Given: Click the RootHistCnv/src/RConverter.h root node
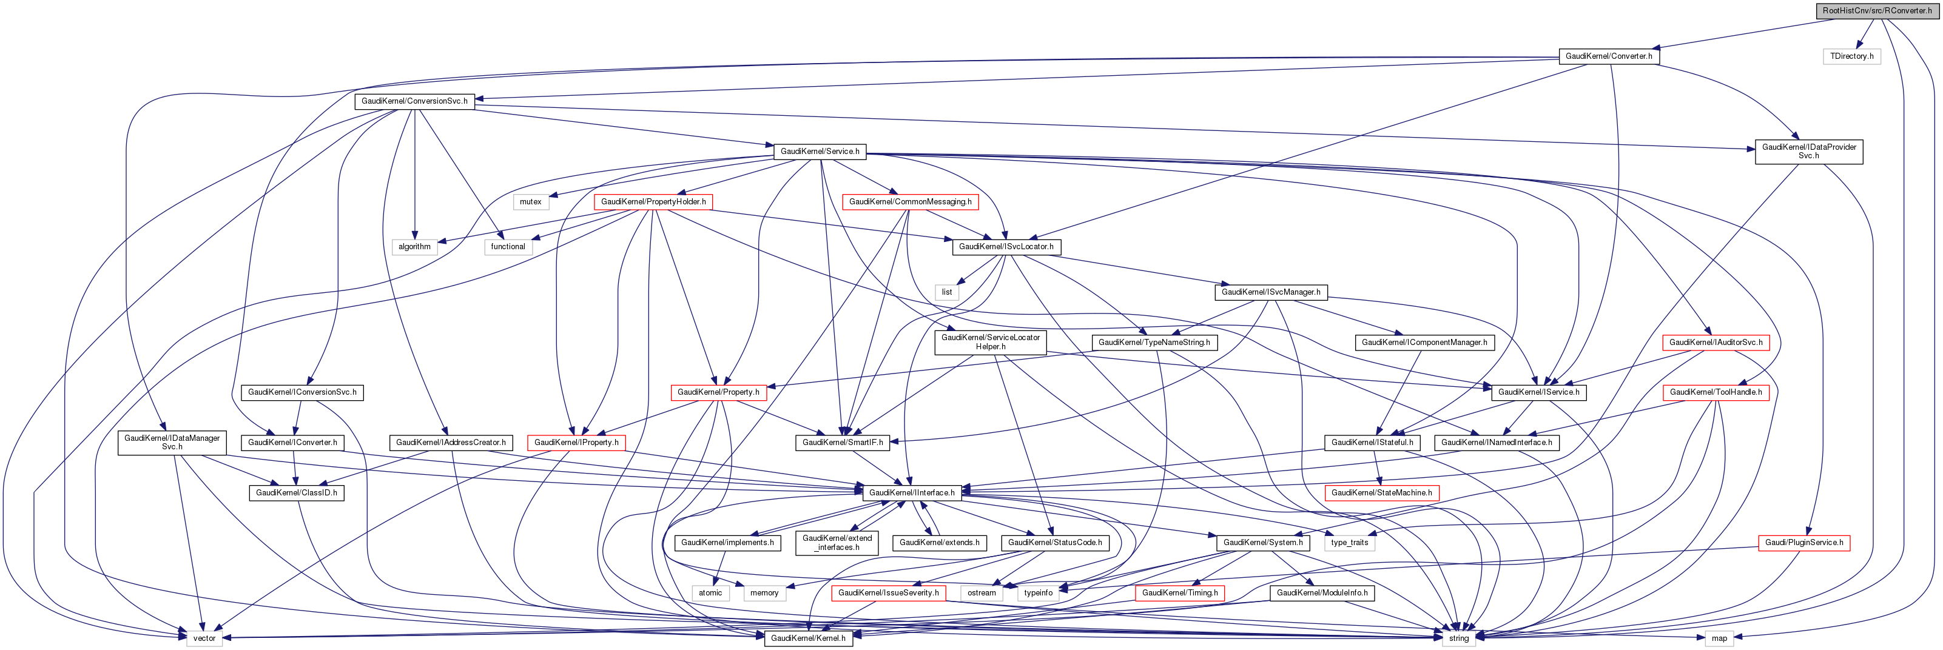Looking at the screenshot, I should [x=1877, y=10].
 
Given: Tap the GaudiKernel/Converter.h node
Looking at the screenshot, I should [x=1608, y=56].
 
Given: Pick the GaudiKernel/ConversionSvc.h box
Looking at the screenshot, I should [x=414, y=101].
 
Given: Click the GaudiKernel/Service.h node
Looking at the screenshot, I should [x=819, y=152].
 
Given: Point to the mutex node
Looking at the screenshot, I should [x=530, y=202].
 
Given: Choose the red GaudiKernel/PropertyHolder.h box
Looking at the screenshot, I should [x=653, y=202].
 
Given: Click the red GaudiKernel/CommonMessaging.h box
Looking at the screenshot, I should [x=910, y=202].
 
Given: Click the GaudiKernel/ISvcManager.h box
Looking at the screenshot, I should [x=1270, y=292].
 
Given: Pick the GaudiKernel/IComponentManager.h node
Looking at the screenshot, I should [x=1424, y=343].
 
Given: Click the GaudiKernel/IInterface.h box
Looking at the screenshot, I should [x=911, y=492].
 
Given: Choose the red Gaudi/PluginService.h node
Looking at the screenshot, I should [x=1803, y=543].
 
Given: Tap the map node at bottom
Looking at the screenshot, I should [x=1719, y=638].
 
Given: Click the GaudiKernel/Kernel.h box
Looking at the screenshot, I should [x=807, y=638].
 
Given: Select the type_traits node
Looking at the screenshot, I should [x=1349, y=543].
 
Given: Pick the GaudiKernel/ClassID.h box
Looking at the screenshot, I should [x=297, y=492].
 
